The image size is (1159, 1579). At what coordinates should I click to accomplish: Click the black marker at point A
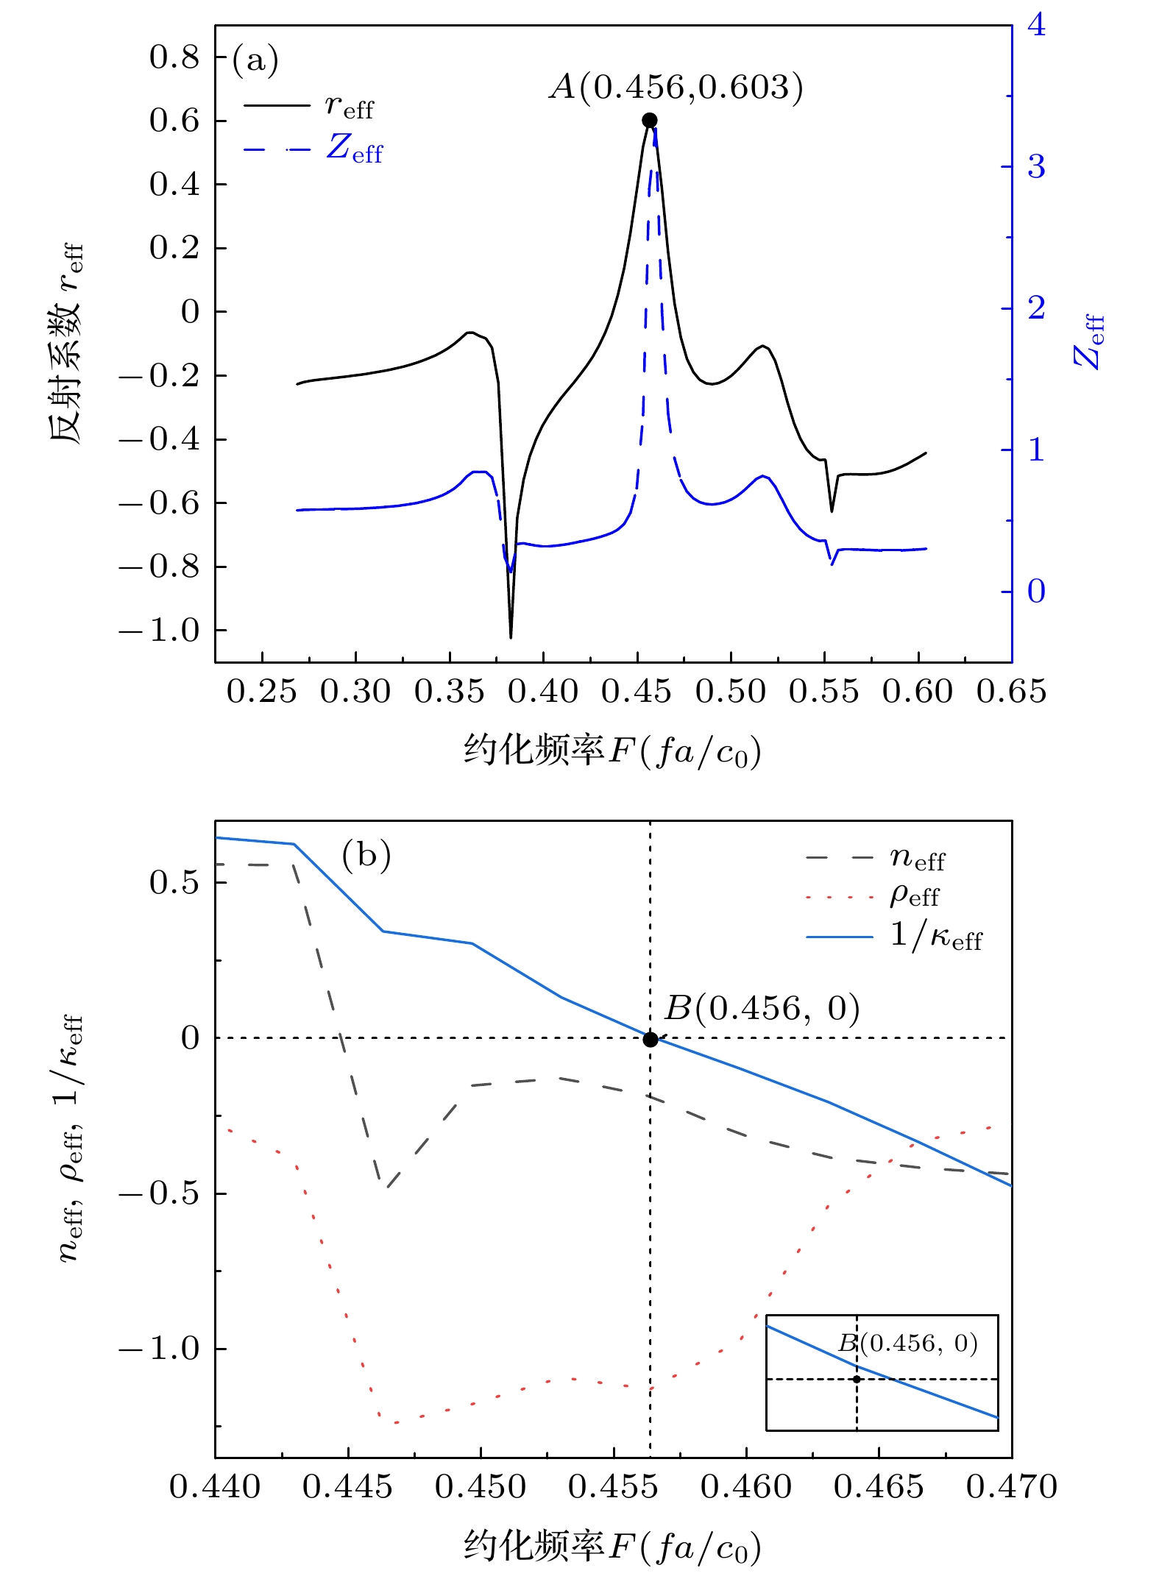[x=649, y=120]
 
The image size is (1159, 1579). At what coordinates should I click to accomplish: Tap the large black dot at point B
[x=650, y=1040]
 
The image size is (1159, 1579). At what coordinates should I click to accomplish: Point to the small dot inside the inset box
[x=857, y=1379]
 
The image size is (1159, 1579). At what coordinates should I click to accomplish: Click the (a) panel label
[x=255, y=60]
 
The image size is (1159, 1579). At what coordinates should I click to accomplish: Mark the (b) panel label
[x=366, y=856]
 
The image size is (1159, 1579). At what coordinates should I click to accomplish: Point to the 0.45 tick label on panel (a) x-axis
[x=637, y=692]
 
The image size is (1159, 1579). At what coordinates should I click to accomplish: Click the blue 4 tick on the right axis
[x=1036, y=26]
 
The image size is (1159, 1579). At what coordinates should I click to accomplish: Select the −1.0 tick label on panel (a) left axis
[x=160, y=631]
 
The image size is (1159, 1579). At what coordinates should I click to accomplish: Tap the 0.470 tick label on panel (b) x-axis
[x=1011, y=1486]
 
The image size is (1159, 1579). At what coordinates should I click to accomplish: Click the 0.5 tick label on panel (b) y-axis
[x=174, y=882]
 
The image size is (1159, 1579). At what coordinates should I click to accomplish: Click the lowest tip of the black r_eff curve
[x=511, y=637]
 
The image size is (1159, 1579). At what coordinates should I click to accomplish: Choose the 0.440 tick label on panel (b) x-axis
[x=215, y=1486]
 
